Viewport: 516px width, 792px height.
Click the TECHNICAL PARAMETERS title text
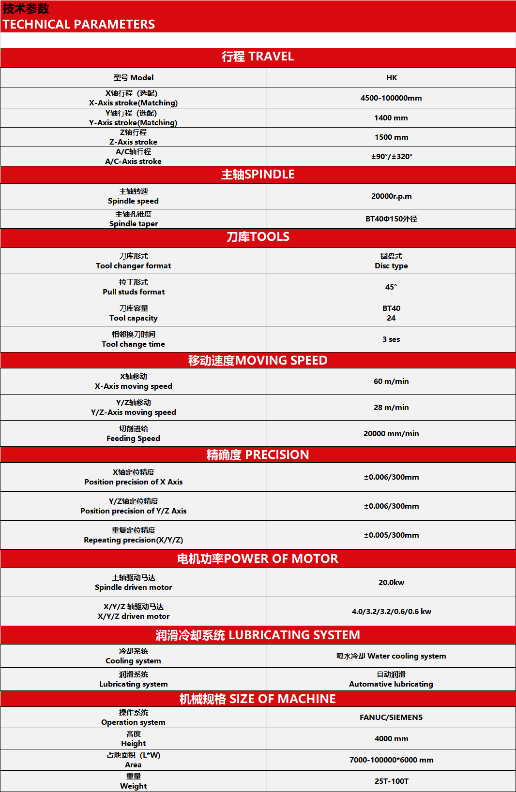[x=79, y=24]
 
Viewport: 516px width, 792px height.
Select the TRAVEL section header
[x=258, y=57]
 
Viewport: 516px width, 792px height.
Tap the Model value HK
[x=392, y=78]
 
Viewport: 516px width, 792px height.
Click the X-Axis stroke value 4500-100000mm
[x=391, y=98]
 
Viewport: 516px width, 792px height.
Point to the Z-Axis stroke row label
[x=133, y=137]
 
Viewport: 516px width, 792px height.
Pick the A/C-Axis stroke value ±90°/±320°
[x=392, y=157]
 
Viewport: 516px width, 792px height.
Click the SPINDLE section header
[x=258, y=175]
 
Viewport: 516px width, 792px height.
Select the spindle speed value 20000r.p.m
[x=392, y=196]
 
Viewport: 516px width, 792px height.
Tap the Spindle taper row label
[x=134, y=219]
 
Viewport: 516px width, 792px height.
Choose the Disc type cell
[x=391, y=261]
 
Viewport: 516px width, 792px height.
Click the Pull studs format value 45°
[x=391, y=287]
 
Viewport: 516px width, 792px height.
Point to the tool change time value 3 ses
[x=391, y=339]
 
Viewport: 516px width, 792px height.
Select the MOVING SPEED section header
[x=258, y=361]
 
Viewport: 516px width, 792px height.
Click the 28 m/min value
[x=391, y=408]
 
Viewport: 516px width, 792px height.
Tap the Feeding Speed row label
[x=133, y=434]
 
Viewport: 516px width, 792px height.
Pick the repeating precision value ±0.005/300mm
[x=392, y=535]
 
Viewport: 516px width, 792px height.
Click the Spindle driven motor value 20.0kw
[x=391, y=583]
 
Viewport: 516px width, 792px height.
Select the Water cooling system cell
[x=391, y=656]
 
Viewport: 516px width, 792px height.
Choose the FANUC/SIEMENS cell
[x=391, y=718]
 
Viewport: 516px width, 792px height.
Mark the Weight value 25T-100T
[x=392, y=781]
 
